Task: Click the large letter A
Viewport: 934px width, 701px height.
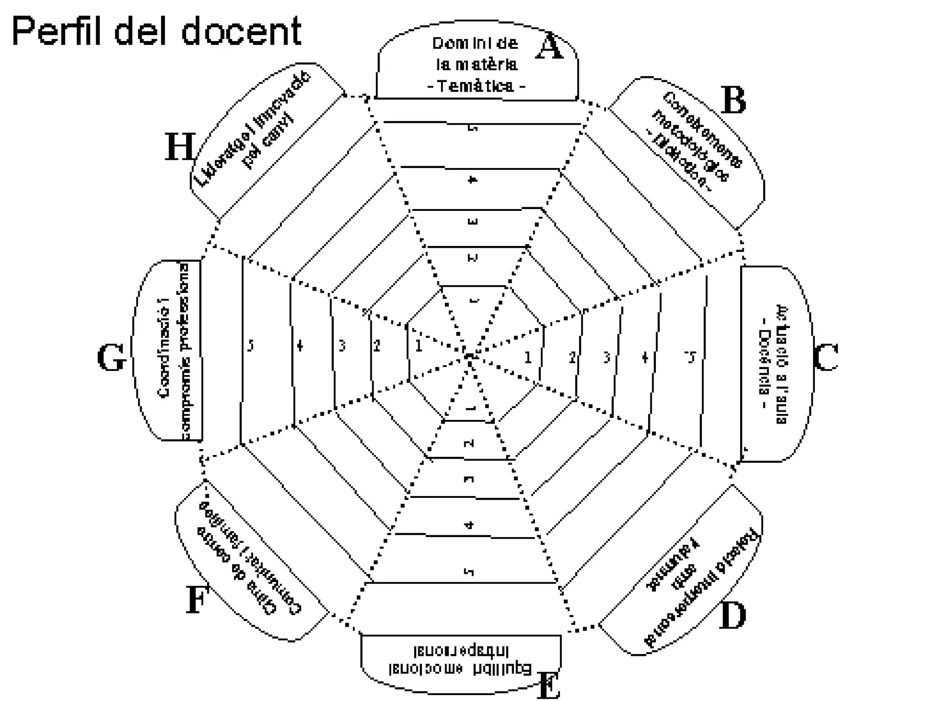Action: click(550, 47)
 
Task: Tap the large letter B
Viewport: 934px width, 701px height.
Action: click(733, 100)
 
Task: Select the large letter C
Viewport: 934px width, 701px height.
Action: click(826, 357)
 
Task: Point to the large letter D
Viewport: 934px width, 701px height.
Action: click(732, 616)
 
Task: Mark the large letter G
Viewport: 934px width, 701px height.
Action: click(111, 357)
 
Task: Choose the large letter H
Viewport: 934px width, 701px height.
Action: click(180, 147)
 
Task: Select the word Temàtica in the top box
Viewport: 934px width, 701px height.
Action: click(476, 86)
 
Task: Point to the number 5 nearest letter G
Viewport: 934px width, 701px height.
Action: click(250, 345)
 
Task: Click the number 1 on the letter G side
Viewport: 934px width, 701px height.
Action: click(419, 346)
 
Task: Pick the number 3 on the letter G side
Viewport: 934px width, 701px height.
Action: click(342, 346)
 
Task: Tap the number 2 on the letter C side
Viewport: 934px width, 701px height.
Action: click(572, 357)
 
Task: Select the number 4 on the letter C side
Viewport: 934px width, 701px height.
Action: click(644, 357)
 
